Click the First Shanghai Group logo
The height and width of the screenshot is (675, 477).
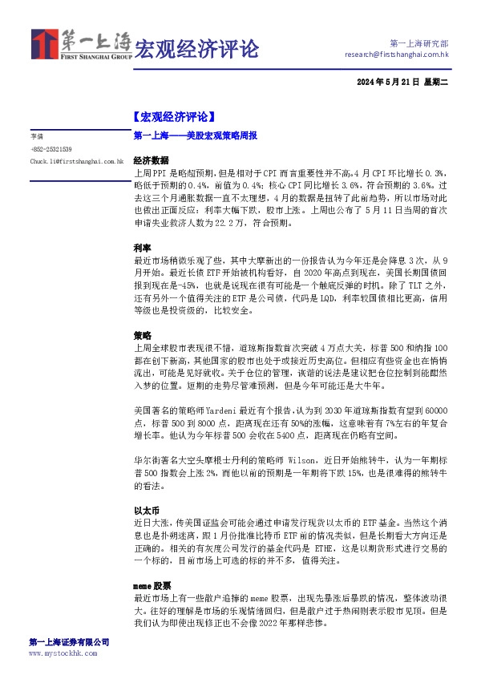pyautogui.click(x=79, y=45)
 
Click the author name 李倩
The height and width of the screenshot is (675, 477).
pyautogui.click(x=37, y=137)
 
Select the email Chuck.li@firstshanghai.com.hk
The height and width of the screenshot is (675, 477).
pyautogui.click(x=77, y=161)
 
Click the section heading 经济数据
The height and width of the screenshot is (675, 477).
pyautogui.click(x=151, y=160)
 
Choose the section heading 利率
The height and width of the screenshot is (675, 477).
pyautogui.click(x=142, y=249)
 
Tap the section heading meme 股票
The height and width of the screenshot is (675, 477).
pyautogui.click(x=152, y=585)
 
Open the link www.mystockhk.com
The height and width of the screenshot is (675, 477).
pyautogui.click(x=63, y=654)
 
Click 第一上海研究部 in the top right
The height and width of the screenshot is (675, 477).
pyautogui.click(x=418, y=42)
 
